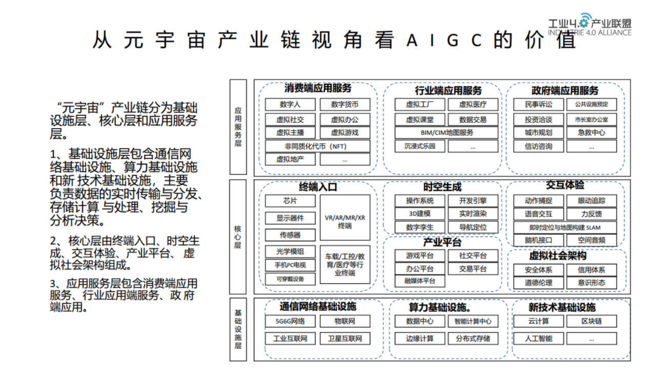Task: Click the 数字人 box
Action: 290,104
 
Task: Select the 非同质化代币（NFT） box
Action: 317,146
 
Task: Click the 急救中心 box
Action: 591,132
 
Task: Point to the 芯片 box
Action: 290,201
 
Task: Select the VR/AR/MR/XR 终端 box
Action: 345,222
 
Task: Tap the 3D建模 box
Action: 419,214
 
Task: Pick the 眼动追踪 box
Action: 591,201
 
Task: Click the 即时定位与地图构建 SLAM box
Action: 565,228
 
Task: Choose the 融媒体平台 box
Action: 419,281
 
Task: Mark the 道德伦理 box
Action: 538,283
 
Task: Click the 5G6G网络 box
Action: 290,322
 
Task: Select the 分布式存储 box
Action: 473,339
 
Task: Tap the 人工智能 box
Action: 538,339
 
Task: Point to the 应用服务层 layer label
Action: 238,127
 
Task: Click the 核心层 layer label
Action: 238,237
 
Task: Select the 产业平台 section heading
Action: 442,242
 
